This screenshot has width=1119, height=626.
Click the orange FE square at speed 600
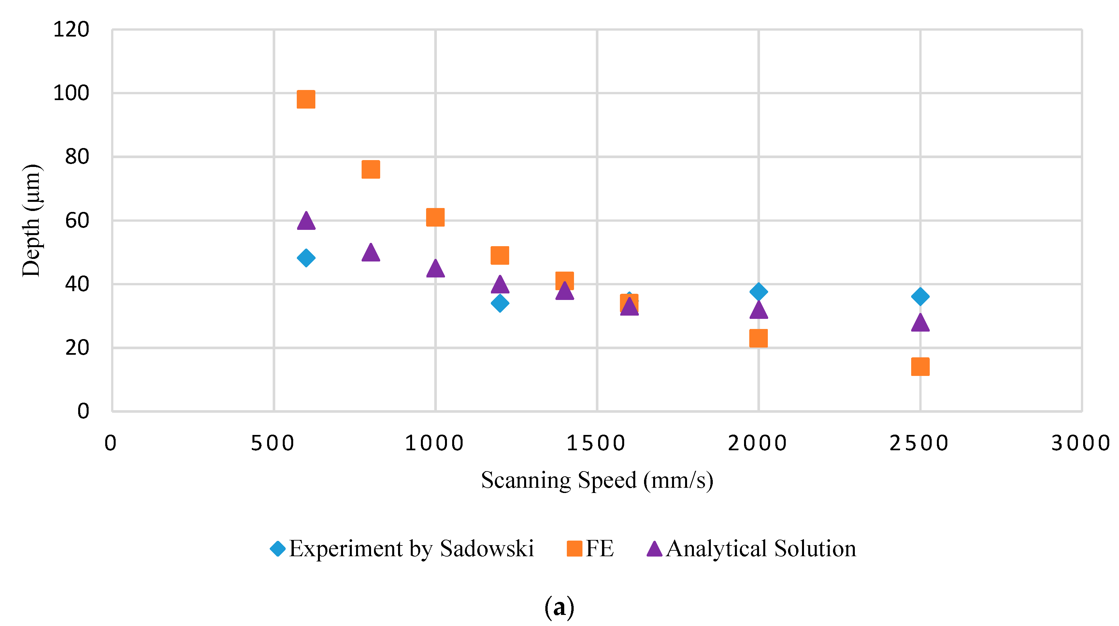point(306,99)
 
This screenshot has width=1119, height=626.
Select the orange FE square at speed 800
point(370,170)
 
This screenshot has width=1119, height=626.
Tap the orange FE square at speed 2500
point(920,366)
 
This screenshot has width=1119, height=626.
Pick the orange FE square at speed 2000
point(758,338)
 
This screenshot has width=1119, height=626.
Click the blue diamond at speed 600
point(306,258)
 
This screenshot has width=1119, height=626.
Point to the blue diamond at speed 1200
point(500,303)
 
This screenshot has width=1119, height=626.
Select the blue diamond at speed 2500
point(920,297)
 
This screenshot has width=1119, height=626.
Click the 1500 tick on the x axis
point(596,443)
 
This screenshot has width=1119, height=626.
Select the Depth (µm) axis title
point(31,220)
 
